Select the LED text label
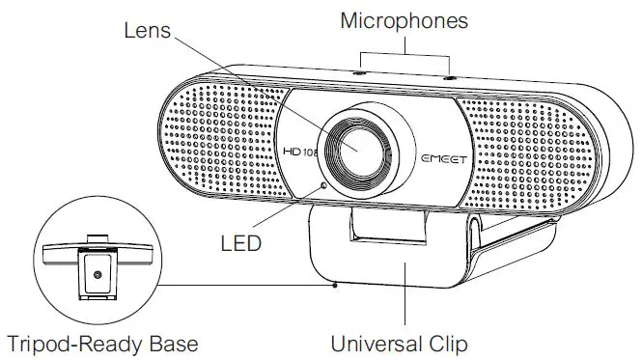tap(239, 241)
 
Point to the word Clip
tap(445, 343)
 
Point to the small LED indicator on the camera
tap(324, 183)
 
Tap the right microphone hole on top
tap(449, 75)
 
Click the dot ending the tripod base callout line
tap(334, 284)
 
